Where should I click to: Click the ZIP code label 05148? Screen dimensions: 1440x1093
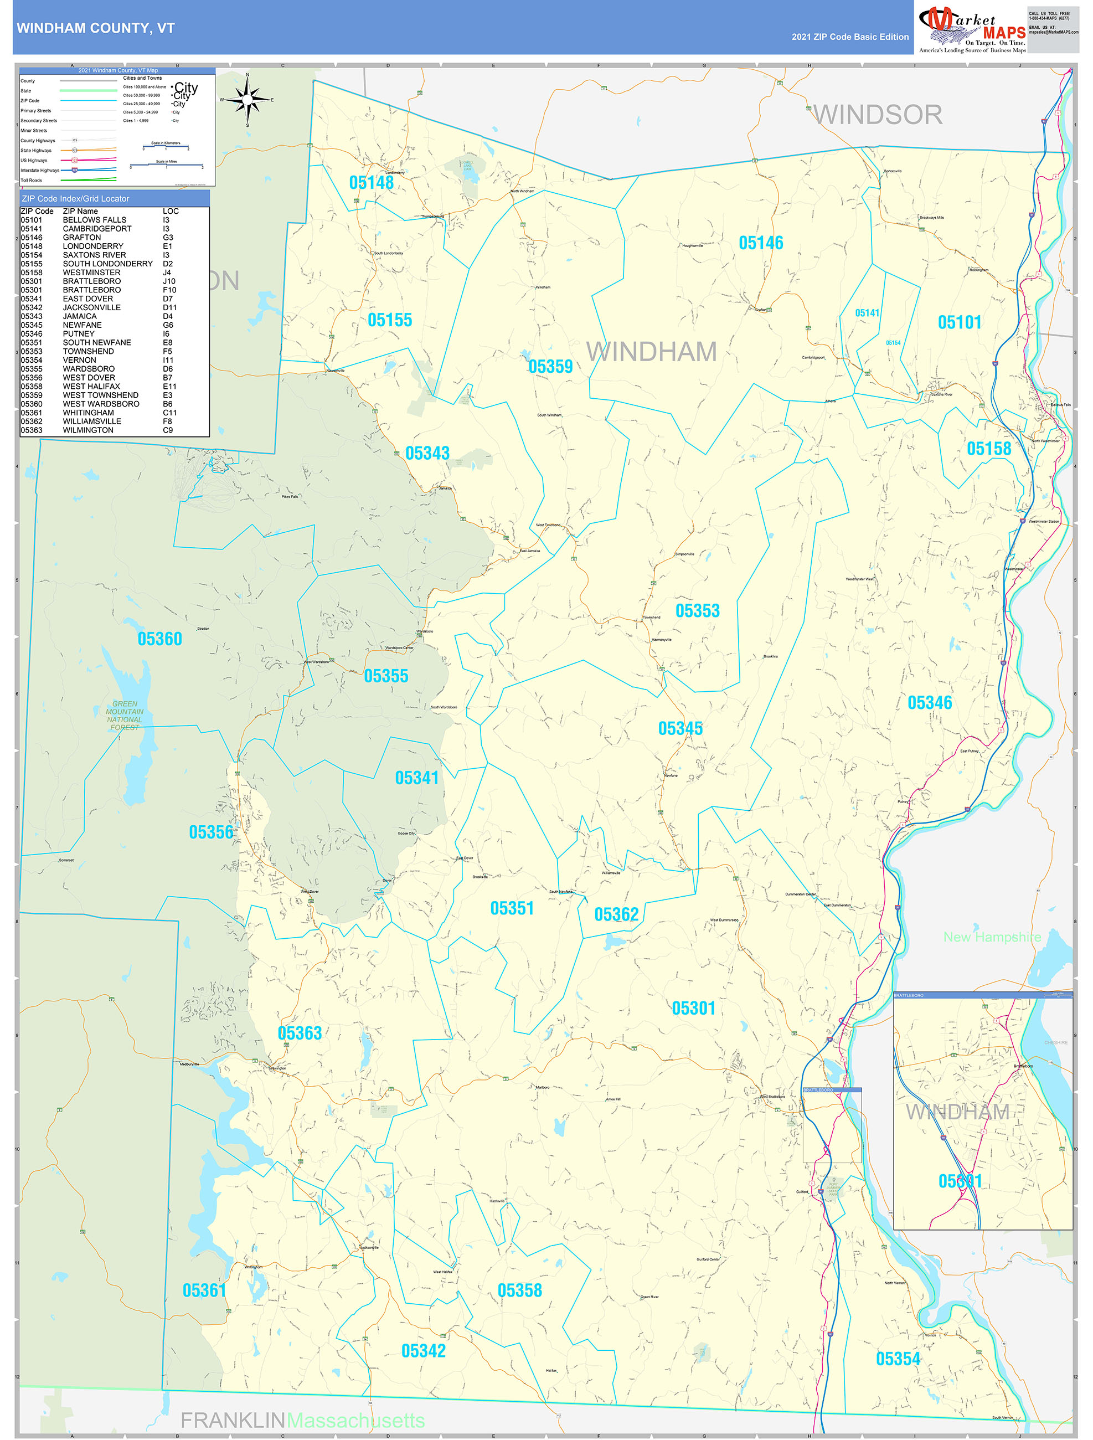371,183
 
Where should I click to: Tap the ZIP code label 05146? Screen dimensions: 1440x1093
760,244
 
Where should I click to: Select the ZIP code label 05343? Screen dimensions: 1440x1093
427,453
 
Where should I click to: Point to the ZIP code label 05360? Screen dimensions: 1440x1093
159,639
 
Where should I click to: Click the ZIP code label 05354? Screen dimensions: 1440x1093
898,1359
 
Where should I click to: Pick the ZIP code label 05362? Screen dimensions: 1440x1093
616,914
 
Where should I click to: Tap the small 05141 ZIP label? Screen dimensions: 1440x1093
867,313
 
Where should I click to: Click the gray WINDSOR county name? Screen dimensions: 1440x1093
878,115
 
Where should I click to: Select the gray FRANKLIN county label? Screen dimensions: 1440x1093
233,1420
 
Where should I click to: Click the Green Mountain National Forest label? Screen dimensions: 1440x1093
125,716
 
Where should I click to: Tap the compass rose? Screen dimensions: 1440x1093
248,100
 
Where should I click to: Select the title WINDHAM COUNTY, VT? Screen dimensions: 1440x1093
96,28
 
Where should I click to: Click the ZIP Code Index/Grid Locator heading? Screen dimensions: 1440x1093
75,198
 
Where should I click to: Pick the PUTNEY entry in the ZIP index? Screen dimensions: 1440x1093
79,334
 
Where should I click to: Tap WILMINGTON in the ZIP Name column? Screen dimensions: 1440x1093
88,430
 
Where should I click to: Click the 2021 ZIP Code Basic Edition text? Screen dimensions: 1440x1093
849,37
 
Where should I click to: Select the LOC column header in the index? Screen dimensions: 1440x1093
171,212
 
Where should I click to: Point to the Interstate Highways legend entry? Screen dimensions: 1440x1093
40,171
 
